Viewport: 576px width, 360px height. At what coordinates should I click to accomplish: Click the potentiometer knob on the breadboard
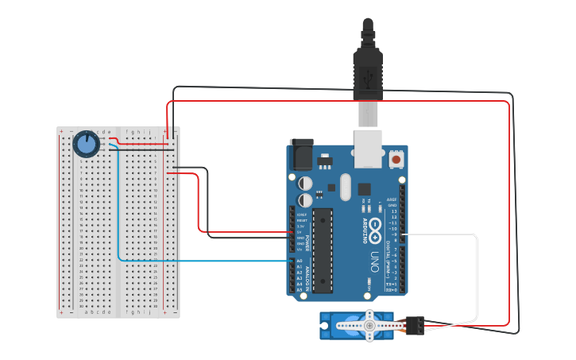[x=86, y=144]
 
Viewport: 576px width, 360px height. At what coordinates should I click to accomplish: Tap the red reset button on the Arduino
[x=396, y=160]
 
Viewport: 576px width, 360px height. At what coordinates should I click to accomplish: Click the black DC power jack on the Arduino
[x=302, y=153]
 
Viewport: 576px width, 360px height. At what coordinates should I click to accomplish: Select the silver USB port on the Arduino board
[x=367, y=152]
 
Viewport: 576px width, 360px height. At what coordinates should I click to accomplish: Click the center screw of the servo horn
[x=369, y=325]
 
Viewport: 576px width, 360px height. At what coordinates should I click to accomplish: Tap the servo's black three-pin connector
[x=414, y=325]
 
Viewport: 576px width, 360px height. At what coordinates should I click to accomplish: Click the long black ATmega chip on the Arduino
[x=323, y=250]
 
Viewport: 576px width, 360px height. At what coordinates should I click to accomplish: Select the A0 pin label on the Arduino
[x=300, y=261]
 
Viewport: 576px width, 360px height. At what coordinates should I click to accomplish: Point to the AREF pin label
[x=392, y=199]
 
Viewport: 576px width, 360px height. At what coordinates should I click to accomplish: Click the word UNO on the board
[x=373, y=262]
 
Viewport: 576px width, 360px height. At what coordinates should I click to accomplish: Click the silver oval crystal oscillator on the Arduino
[x=344, y=187]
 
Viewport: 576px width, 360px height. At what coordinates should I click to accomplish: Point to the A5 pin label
[x=300, y=289]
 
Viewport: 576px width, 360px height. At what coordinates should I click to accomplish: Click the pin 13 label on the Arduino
[x=393, y=211]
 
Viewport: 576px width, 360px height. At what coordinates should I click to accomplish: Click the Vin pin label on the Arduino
[x=300, y=250]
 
